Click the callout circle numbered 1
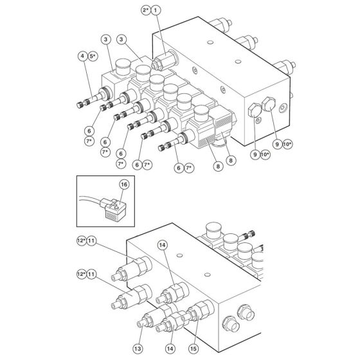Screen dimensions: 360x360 point(157,10)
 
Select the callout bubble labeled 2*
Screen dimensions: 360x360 point(146,10)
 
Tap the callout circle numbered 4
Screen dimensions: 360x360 point(82,57)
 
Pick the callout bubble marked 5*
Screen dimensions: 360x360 point(94,57)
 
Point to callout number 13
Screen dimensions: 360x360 point(138,349)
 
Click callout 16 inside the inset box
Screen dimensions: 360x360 point(124,184)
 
